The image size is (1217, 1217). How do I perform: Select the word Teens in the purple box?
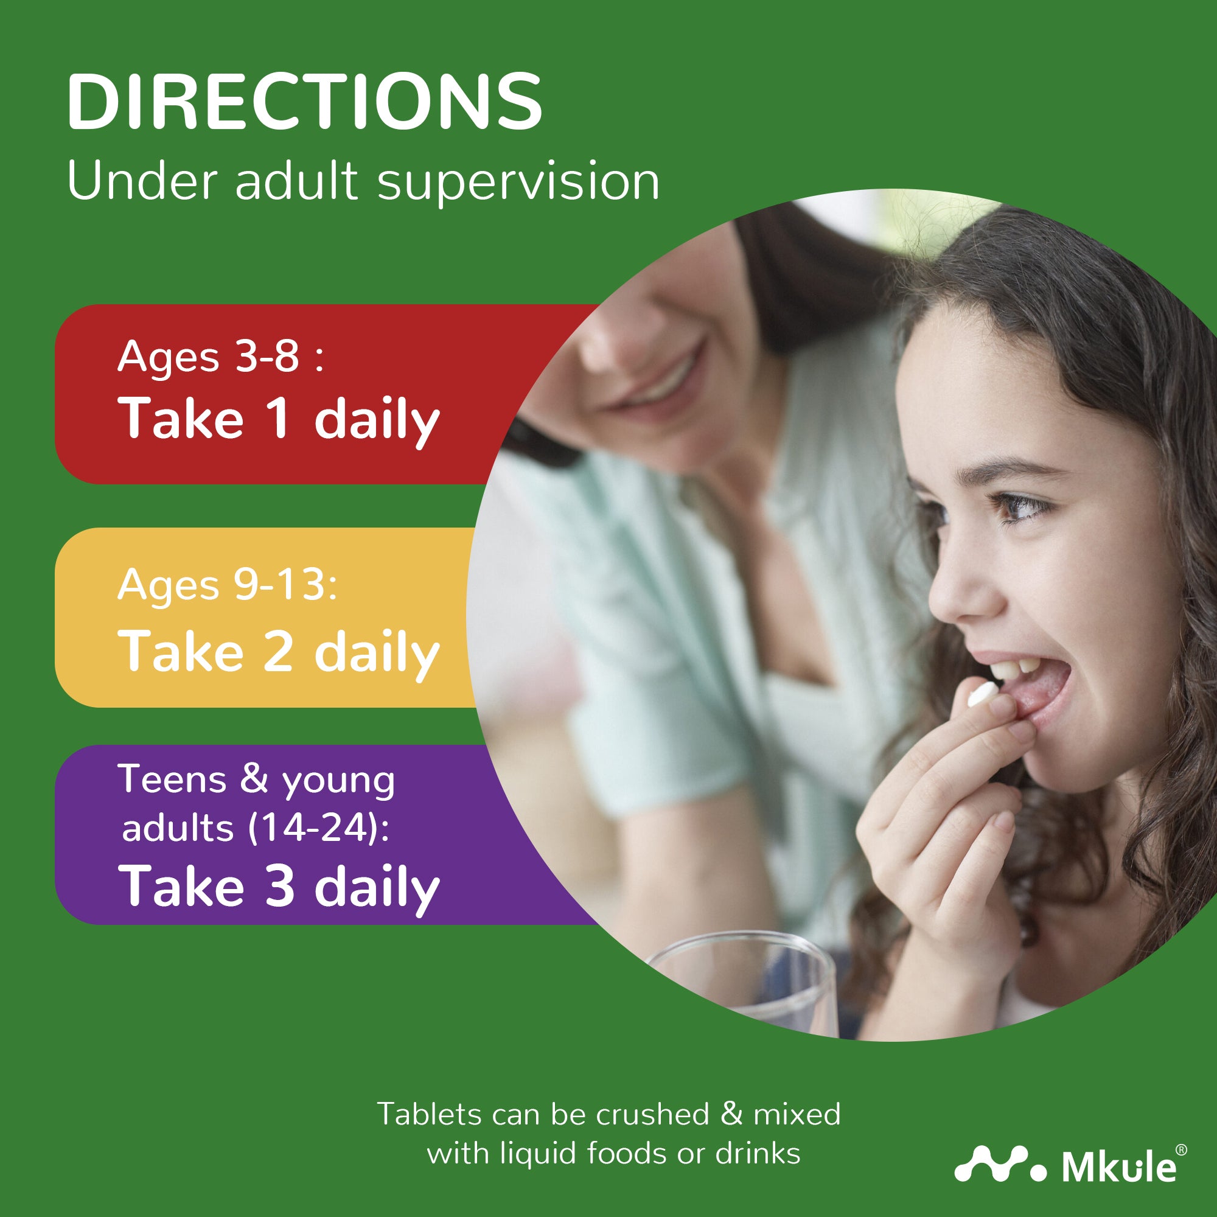click(x=172, y=780)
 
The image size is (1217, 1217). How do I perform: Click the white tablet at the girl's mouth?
click(x=982, y=694)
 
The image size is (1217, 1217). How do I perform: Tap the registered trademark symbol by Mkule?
click(x=1181, y=1150)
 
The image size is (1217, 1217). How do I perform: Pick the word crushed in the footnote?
click(x=652, y=1114)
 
